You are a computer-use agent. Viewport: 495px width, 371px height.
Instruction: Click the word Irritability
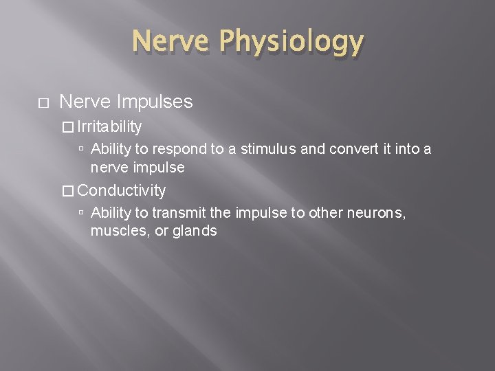pos(110,126)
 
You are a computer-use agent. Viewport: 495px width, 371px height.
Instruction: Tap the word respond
pos(175,148)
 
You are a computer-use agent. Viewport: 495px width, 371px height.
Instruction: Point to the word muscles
pos(115,231)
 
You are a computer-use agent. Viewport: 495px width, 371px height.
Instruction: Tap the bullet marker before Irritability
pos(67,127)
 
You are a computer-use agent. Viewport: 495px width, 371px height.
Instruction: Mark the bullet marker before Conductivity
pos(67,190)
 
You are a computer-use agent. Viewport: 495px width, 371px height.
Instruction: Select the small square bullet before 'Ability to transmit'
pos(81,214)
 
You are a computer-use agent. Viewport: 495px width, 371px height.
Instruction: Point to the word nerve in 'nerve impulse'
pos(109,166)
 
